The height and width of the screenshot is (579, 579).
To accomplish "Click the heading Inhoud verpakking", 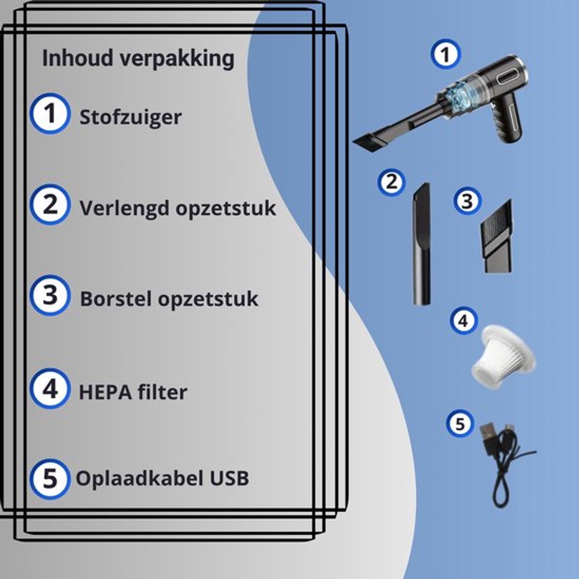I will coord(138,59).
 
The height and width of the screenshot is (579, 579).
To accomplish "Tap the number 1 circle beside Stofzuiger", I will coord(50,114).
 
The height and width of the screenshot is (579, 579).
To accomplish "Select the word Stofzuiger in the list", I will coord(130,117).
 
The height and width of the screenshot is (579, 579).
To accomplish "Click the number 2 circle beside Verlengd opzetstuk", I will coord(50,205).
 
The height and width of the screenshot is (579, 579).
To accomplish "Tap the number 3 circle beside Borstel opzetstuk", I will coord(50,295).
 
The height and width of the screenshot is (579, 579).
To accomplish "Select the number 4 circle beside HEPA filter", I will coord(50,389).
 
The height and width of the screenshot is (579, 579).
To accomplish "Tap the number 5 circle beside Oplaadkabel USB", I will coord(50,479).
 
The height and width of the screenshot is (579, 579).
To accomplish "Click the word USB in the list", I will coord(230,478).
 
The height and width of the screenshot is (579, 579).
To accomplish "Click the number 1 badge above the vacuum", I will coord(446,54).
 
